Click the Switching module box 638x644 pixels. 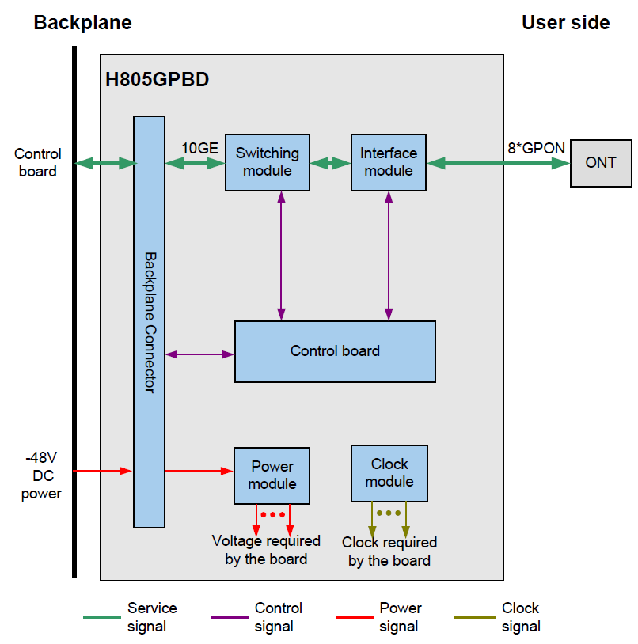(x=267, y=162)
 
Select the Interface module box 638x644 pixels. (x=388, y=162)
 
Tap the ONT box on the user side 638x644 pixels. (x=600, y=163)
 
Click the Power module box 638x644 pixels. (x=272, y=475)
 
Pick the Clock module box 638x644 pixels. (x=389, y=473)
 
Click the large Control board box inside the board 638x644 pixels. (x=335, y=351)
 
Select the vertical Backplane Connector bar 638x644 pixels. (x=149, y=321)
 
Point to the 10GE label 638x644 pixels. (x=199, y=148)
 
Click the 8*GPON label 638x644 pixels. (x=536, y=148)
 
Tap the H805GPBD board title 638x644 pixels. (x=158, y=80)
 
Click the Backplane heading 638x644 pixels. (x=82, y=23)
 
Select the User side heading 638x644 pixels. (x=565, y=23)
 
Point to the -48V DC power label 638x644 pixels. (x=41, y=475)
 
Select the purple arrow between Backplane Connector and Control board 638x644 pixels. (x=199, y=354)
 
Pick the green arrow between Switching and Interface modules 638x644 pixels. (x=330, y=164)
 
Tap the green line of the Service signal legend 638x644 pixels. (x=102, y=618)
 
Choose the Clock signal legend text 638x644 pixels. (x=521, y=617)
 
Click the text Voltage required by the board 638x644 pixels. (x=266, y=550)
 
